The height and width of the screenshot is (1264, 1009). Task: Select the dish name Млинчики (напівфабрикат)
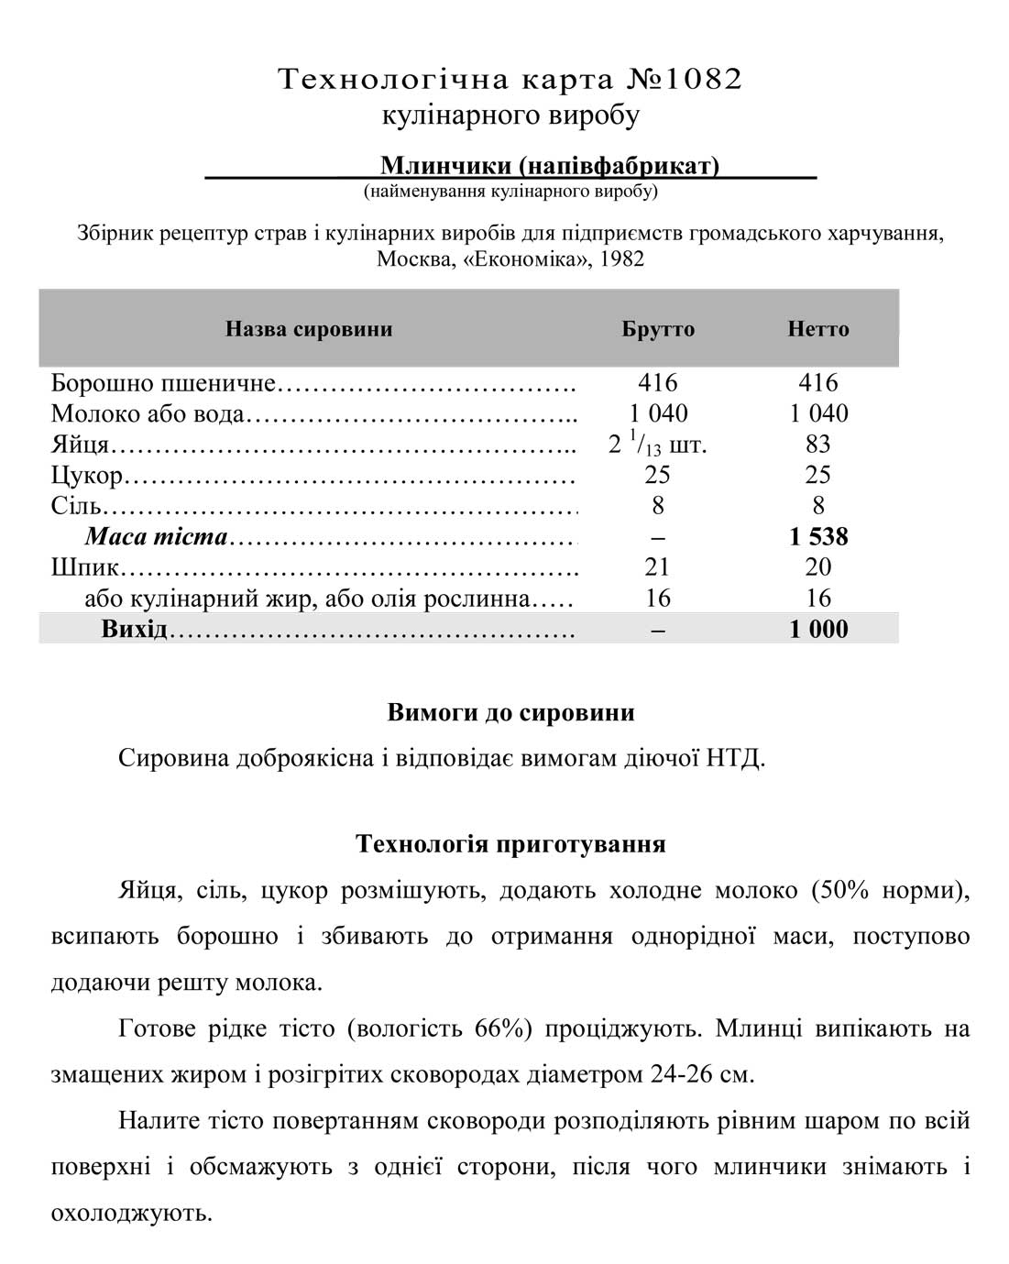pos(549,166)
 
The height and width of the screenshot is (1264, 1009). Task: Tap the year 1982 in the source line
pos(622,258)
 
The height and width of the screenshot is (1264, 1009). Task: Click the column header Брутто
pos(658,329)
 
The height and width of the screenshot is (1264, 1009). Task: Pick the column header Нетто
pos(817,329)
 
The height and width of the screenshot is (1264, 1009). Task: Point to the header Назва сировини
pos(309,329)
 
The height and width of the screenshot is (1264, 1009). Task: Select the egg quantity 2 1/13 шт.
pos(657,445)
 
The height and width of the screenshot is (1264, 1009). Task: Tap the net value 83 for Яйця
pos(817,445)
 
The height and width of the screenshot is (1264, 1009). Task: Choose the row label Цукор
pos(87,475)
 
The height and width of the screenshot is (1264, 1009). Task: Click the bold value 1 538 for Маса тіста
pos(818,536)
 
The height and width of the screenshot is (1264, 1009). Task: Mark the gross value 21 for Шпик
pos(657,567)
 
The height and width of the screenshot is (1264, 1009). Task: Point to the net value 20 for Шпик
pos(817,567)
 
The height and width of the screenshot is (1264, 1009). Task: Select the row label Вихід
pos(134,630)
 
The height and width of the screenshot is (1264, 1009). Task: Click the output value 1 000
pos(818,630)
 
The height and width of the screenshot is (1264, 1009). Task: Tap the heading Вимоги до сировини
pos(510,713)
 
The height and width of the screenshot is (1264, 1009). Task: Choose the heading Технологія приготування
pos(510,843)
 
